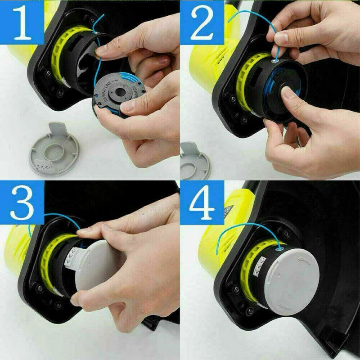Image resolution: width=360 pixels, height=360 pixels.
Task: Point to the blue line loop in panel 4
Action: [243, 234]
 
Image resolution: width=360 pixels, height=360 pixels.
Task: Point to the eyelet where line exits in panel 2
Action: [274, 60]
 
